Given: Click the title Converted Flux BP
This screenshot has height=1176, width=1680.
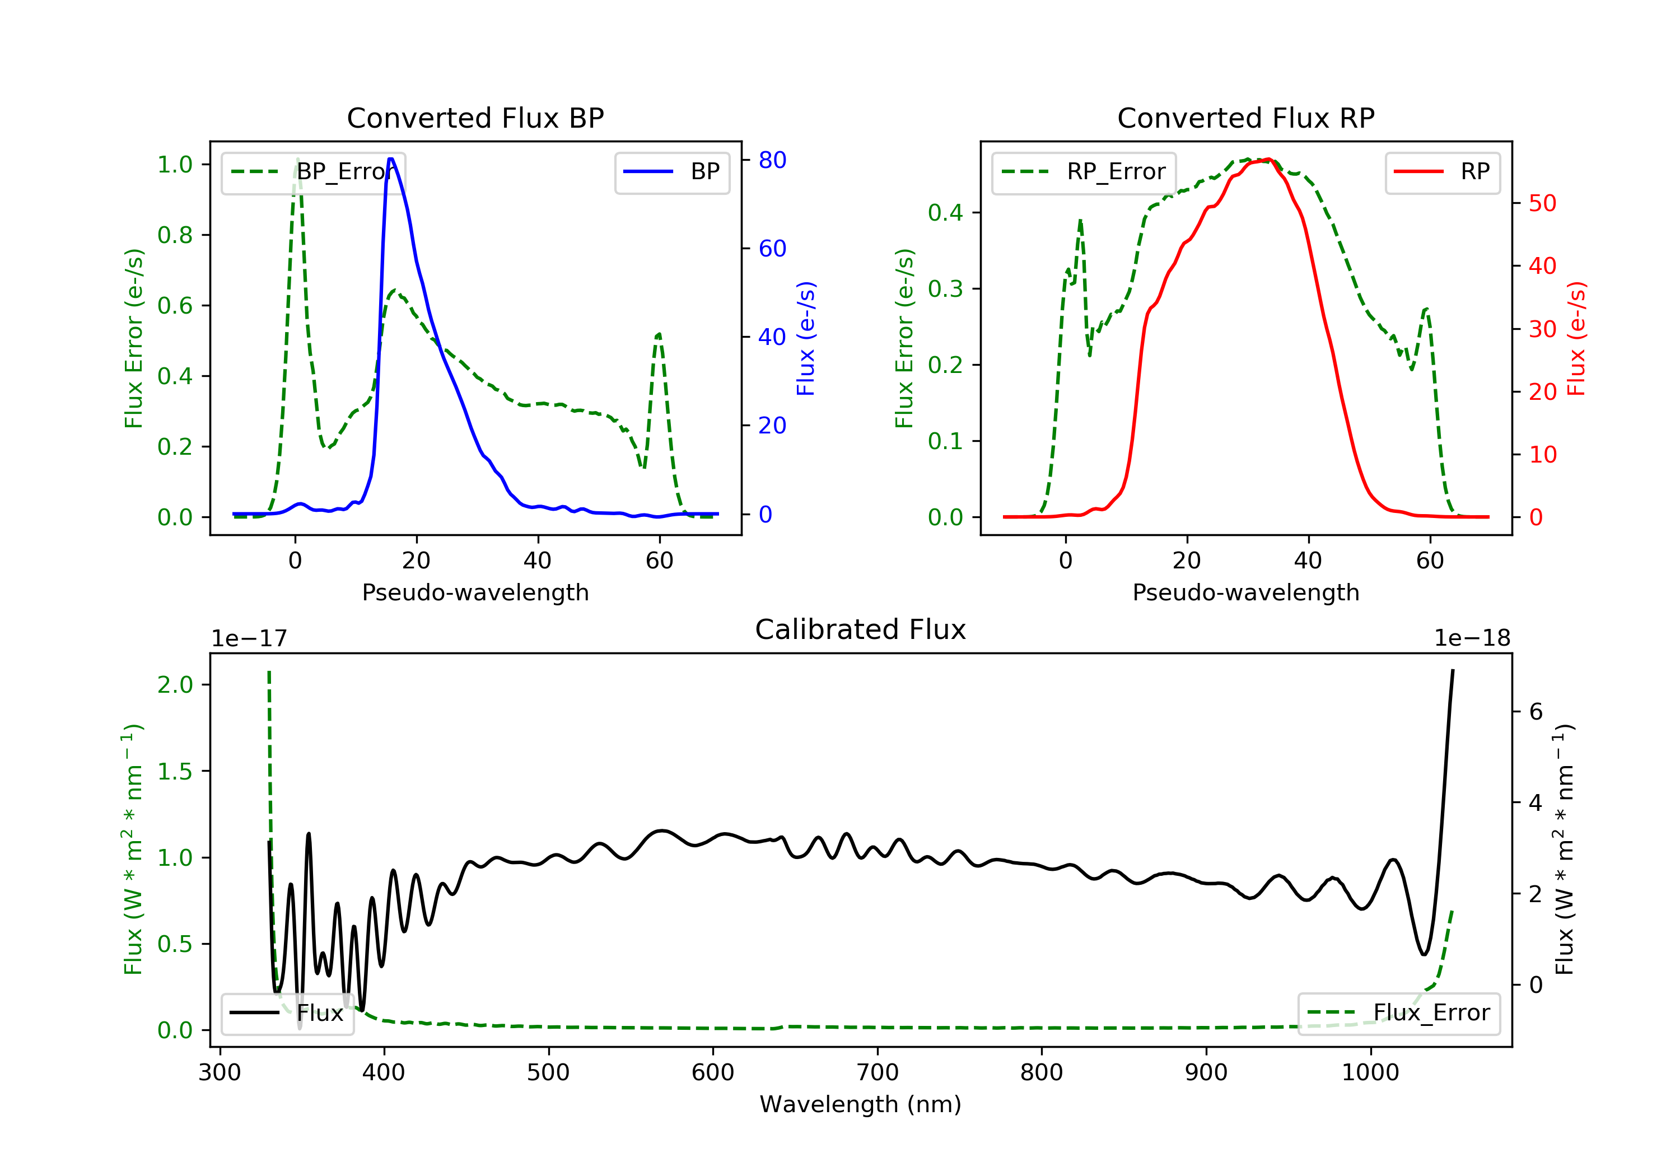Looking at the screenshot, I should [475, 118].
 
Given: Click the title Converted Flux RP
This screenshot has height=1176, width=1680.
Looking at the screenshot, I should [1245, 118].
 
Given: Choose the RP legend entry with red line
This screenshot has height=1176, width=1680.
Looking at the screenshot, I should [1442, 172].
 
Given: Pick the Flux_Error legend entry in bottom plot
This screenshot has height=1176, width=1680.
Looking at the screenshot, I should [1398, 1013].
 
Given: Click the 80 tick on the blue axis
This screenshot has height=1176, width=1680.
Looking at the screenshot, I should [772, 160].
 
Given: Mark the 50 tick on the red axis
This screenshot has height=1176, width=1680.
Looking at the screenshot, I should [1542, 203].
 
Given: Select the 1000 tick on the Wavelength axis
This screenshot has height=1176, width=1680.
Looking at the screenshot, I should [1370, 1073].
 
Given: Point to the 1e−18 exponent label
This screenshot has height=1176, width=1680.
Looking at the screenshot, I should [1472, 639].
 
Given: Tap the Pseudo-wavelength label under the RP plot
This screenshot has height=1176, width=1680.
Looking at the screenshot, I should [1245, 592].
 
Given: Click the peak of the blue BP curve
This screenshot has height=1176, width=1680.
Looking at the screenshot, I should [391, 159].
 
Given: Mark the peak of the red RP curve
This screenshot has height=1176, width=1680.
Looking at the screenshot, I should [1268, 160].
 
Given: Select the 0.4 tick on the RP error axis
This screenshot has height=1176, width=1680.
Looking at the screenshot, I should [945, 213].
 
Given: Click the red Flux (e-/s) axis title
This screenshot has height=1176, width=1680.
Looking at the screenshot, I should [1575, 338].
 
